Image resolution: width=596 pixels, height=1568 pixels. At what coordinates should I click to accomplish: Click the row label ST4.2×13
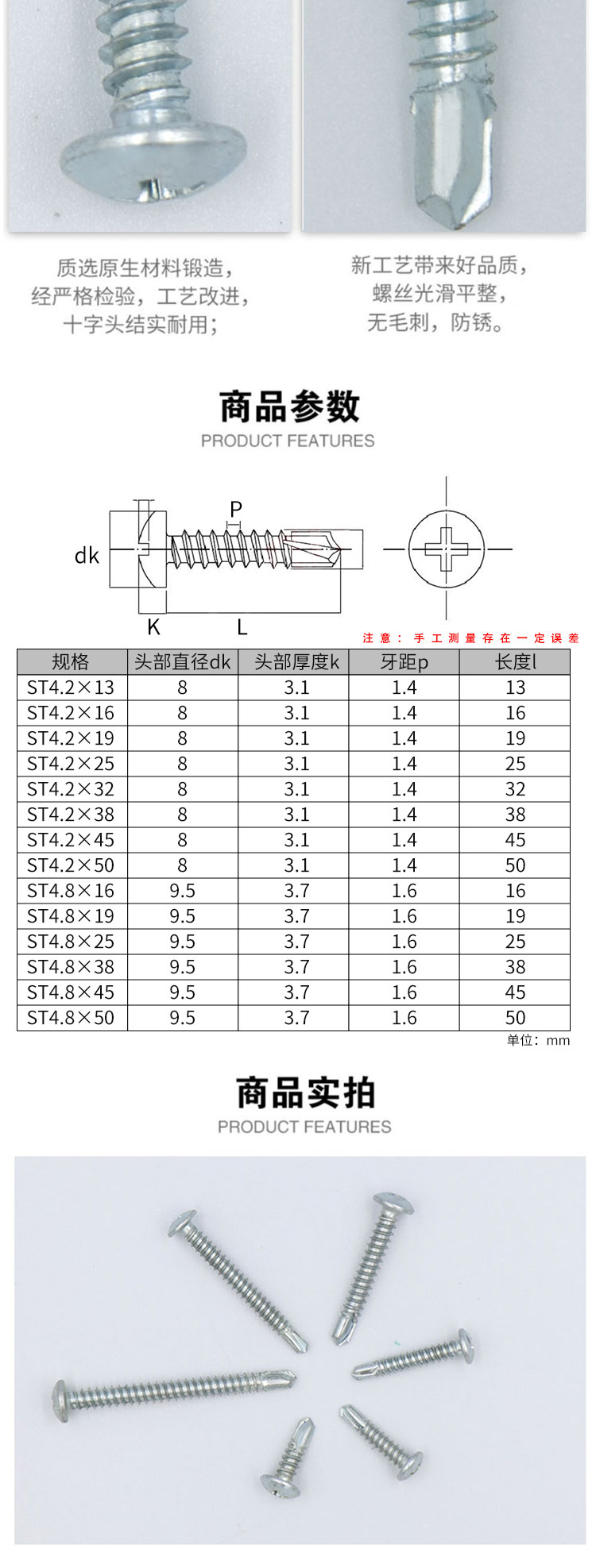pos(71,688)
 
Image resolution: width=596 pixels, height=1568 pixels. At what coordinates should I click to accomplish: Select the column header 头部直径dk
pos(182,662)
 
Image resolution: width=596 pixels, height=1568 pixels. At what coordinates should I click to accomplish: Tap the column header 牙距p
pos(404,662)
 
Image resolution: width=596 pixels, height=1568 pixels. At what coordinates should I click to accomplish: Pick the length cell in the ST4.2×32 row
pos(515,789)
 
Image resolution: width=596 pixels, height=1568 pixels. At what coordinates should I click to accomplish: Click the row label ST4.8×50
pos(71,1018)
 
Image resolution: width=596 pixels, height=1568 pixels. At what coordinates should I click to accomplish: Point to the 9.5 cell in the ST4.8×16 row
pos(182,891)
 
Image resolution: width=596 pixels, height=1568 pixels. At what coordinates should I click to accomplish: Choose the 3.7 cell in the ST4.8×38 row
pos(296,967)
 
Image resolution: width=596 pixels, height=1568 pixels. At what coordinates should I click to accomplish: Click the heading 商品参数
pos(289,406)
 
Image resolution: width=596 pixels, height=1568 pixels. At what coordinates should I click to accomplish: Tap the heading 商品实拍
pos(305,1092)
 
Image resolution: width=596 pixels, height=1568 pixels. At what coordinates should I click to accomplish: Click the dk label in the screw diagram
pos(86,555)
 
